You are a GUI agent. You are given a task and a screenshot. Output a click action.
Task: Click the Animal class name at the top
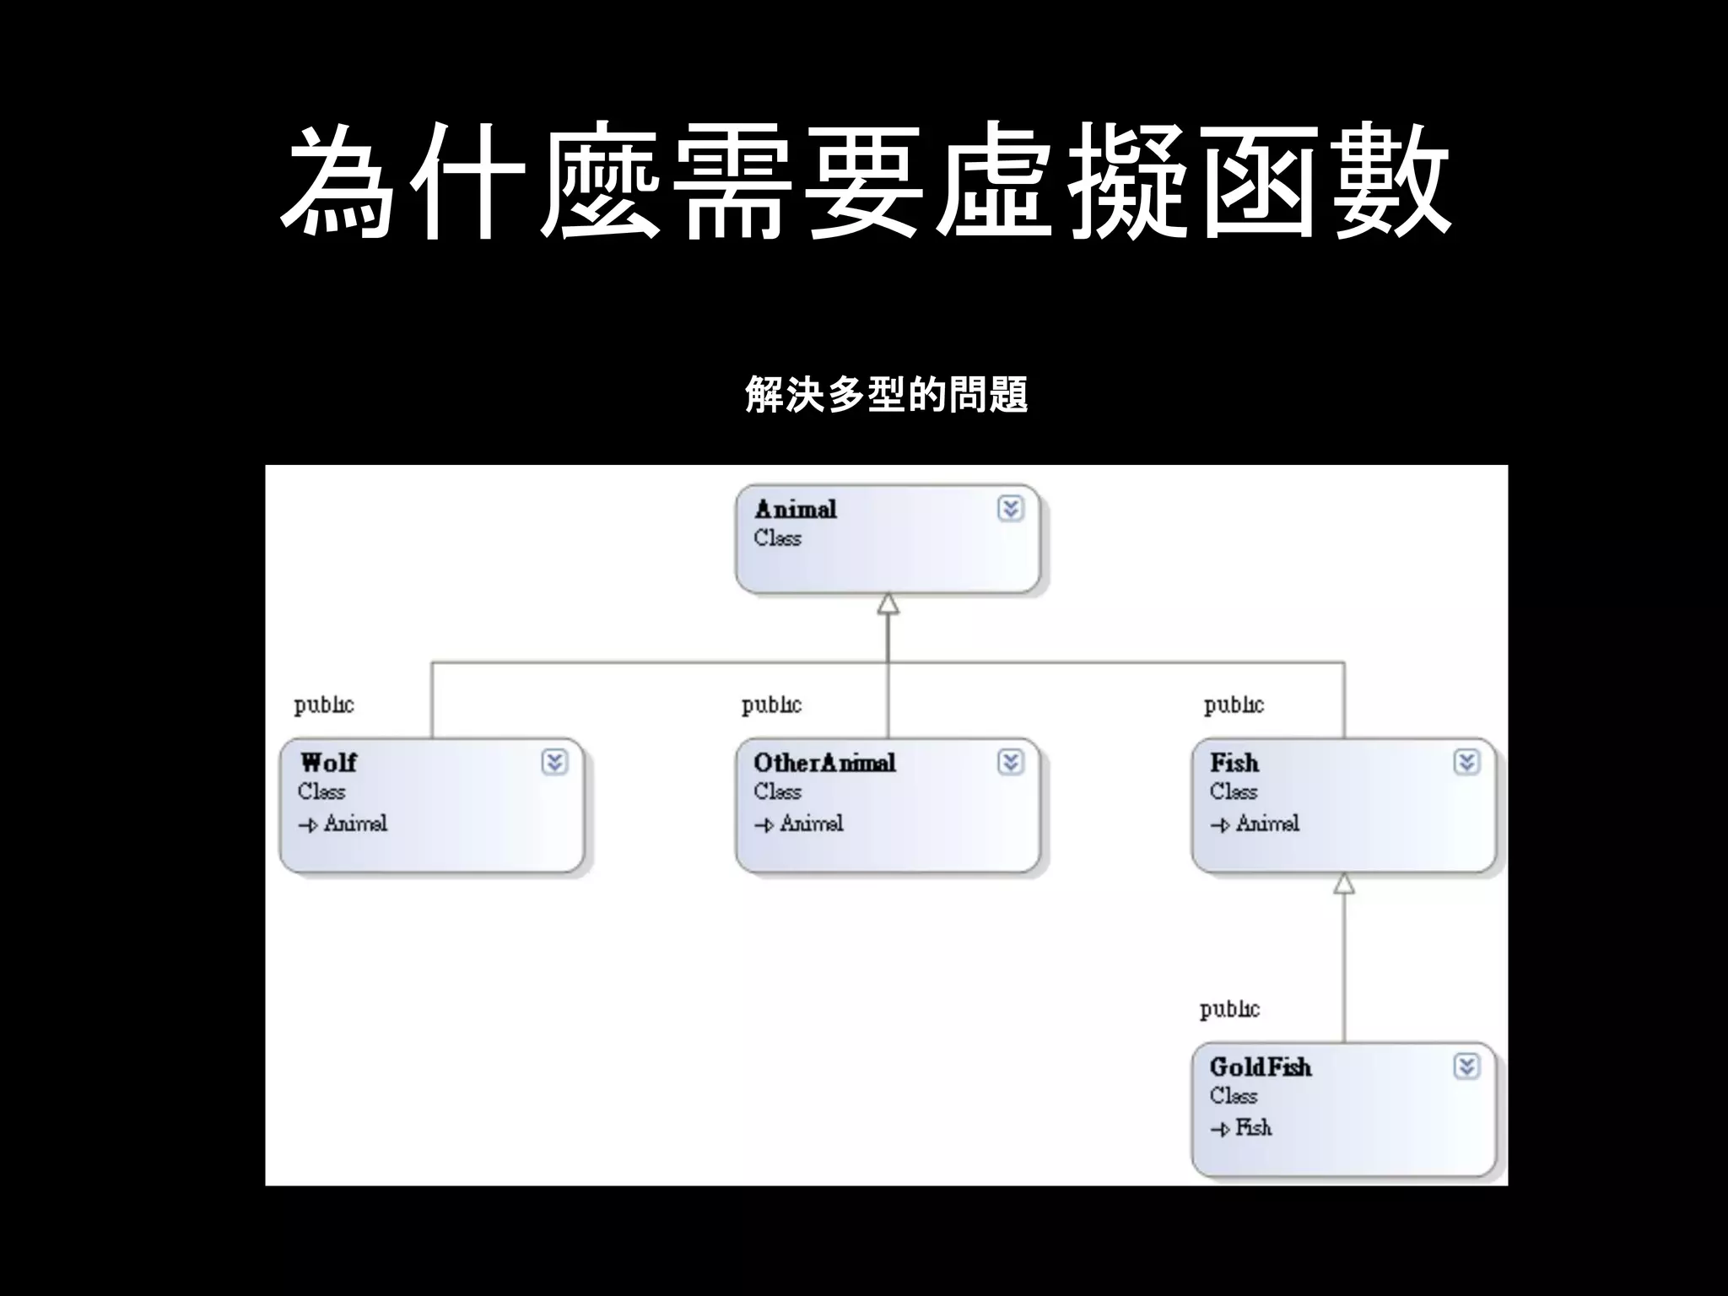(795, 510)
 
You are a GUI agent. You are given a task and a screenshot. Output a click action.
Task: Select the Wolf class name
(328, 763)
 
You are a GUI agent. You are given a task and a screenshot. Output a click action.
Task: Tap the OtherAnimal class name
(824, 763)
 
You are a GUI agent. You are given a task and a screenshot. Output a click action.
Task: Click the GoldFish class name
(1261, 1067)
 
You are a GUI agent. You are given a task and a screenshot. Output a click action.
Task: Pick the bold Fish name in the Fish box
(1234, 763)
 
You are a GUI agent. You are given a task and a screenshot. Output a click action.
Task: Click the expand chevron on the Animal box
(1010, 509)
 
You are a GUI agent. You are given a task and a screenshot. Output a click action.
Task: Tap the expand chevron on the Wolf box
(554, 763)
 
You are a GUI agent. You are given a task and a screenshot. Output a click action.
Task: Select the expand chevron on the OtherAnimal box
(1010, 763)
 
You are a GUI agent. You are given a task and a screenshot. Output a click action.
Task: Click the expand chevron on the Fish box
(1466, 763)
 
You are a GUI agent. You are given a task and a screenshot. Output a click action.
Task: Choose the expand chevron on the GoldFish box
(1466, 1067)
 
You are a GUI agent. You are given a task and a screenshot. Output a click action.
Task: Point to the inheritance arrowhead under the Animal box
(888, 604)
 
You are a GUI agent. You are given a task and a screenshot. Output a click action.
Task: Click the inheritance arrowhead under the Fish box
(1344, 883)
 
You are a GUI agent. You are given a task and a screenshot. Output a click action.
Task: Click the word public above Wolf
(324, 705)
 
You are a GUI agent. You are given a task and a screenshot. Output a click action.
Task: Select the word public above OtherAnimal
(771, 705)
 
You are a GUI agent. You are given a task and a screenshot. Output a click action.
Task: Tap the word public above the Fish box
(1234, 705)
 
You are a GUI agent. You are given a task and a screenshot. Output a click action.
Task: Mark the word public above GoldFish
(1229, 1009)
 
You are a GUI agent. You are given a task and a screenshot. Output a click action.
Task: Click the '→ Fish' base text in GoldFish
(1241, 1128)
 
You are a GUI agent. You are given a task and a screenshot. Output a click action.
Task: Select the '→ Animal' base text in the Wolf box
(343, 823)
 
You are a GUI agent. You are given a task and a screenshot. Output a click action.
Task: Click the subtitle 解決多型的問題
(886, 395)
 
